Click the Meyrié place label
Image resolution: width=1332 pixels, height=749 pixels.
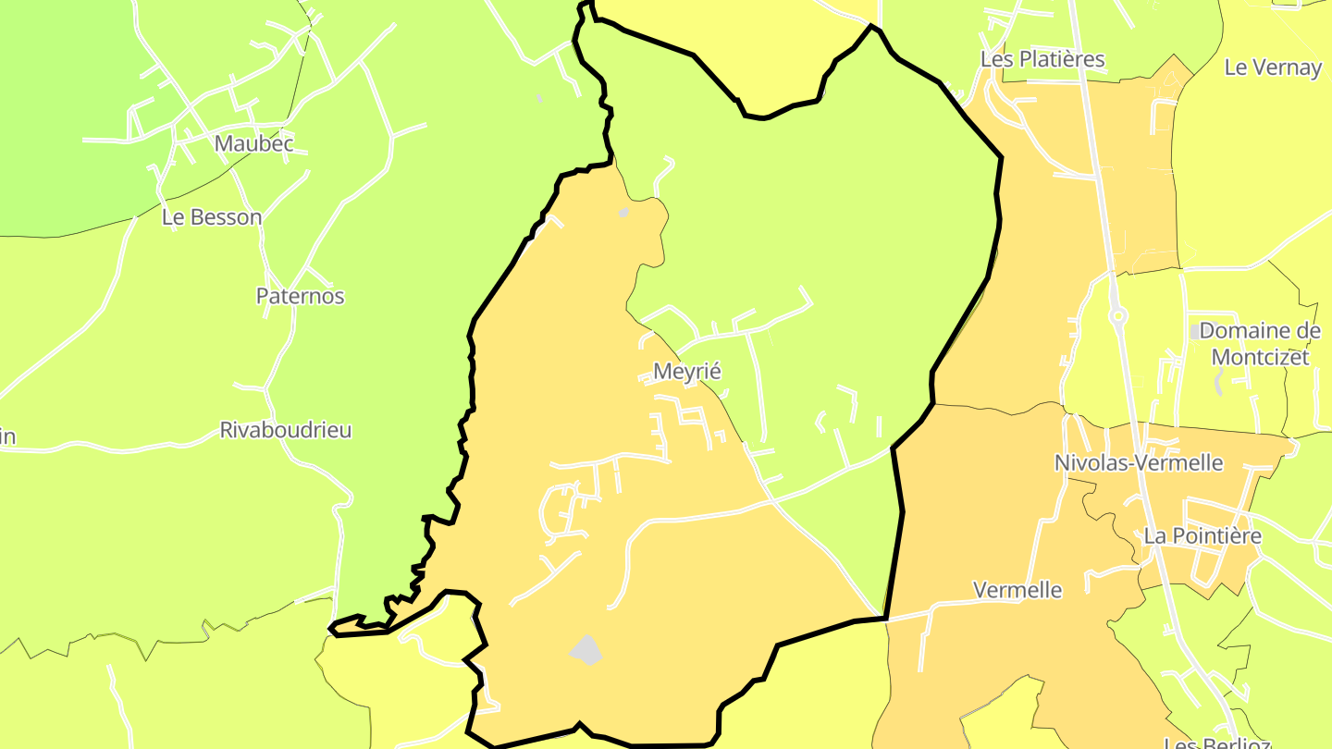(x=686, y=371)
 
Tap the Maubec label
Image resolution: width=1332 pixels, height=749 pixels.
(x=253, y=143)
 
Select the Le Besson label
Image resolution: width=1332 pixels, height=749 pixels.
(x=212, y=217)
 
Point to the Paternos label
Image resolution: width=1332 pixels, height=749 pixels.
(x=300, y=296)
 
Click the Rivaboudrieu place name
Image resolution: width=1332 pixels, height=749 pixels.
(x=286, y=430)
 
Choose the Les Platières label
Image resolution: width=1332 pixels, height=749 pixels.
(x=1042, y=59)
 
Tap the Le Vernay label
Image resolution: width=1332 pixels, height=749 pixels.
(x=1273, y=67)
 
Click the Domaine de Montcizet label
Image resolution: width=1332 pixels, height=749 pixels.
(x=1259, y=343)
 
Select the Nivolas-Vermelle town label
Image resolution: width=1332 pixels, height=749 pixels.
(x=1139, y=462)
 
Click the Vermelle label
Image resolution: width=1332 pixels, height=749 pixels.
(x=1017, y=590)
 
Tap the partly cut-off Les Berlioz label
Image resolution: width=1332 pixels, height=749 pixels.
(x=1216, y=743)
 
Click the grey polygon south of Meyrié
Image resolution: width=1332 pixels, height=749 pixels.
(x=586, y=649)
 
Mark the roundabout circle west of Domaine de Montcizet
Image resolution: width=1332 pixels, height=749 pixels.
(x=1118, y=317)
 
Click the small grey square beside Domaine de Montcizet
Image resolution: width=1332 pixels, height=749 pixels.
(x=1195, y=331)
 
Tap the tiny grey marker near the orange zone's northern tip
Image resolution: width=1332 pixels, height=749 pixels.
(x=623, y=213)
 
